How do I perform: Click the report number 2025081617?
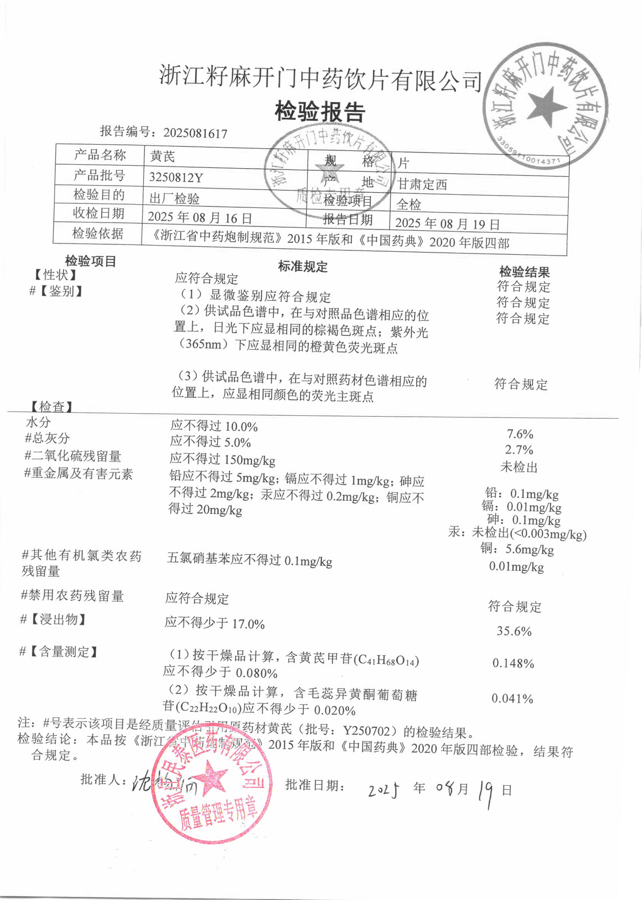point(195,133)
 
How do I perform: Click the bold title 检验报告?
point(320,112)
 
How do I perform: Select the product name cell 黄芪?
point(163,157)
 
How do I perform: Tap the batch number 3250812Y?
point(176,178)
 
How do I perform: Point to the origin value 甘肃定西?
point(422,184)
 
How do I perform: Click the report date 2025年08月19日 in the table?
point(448,224)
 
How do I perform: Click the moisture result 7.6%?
point(520,434)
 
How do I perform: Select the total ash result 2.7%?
point(519,450)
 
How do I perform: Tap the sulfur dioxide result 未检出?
point(519,467)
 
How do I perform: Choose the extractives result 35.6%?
point(514,631)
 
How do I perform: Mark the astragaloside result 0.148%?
point(513,663)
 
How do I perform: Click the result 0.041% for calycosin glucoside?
point(512,699)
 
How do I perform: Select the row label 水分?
point(39,422)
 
